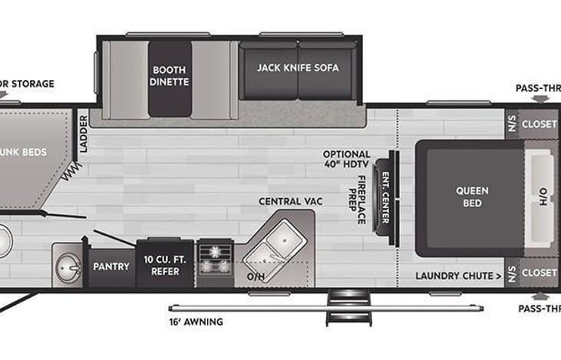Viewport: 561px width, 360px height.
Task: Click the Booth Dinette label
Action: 170,75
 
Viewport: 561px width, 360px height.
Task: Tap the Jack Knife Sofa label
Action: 298,68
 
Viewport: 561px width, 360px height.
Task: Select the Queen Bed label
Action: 472,197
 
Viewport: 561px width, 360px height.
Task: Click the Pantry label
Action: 111,266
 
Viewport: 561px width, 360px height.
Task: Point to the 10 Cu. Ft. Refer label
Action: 161,266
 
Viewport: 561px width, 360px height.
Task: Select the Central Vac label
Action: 290,201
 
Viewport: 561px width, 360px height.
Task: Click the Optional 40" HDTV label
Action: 346,160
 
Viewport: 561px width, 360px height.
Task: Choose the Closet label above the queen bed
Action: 539,124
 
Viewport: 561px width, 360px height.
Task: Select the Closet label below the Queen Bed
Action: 539,272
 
